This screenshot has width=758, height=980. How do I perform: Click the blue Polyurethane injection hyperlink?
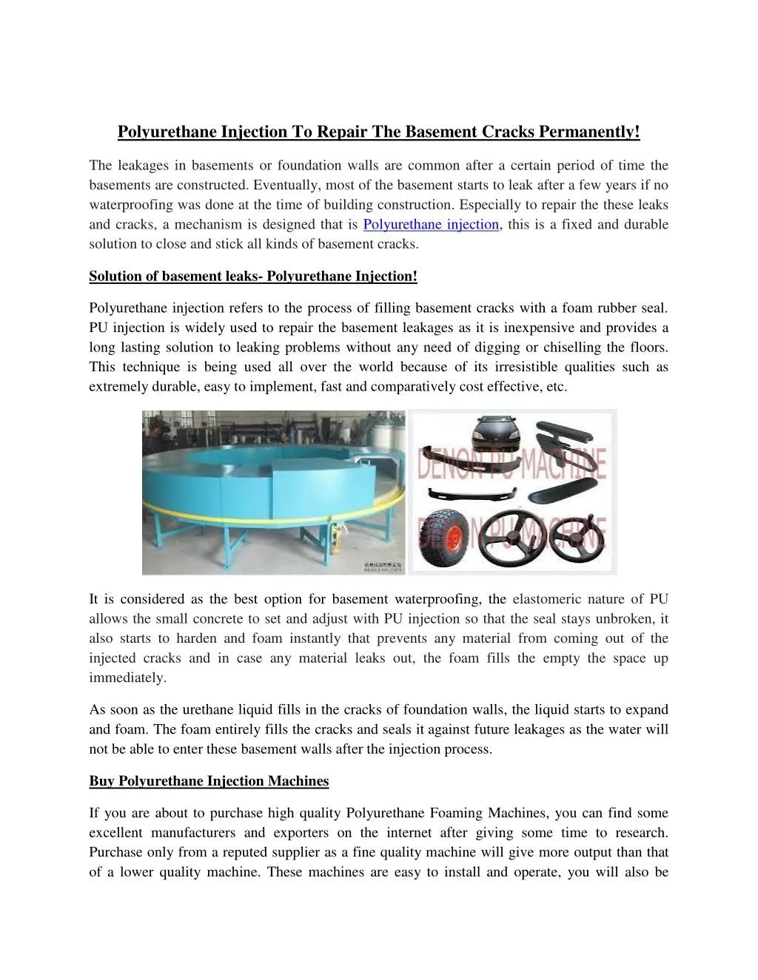(x=431, y=225)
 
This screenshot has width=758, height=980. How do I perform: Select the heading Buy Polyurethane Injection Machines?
(x=209, y=781)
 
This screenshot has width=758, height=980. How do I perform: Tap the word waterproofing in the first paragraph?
(x=130, y=206)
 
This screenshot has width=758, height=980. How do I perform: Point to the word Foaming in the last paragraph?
(x=455, y=814)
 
